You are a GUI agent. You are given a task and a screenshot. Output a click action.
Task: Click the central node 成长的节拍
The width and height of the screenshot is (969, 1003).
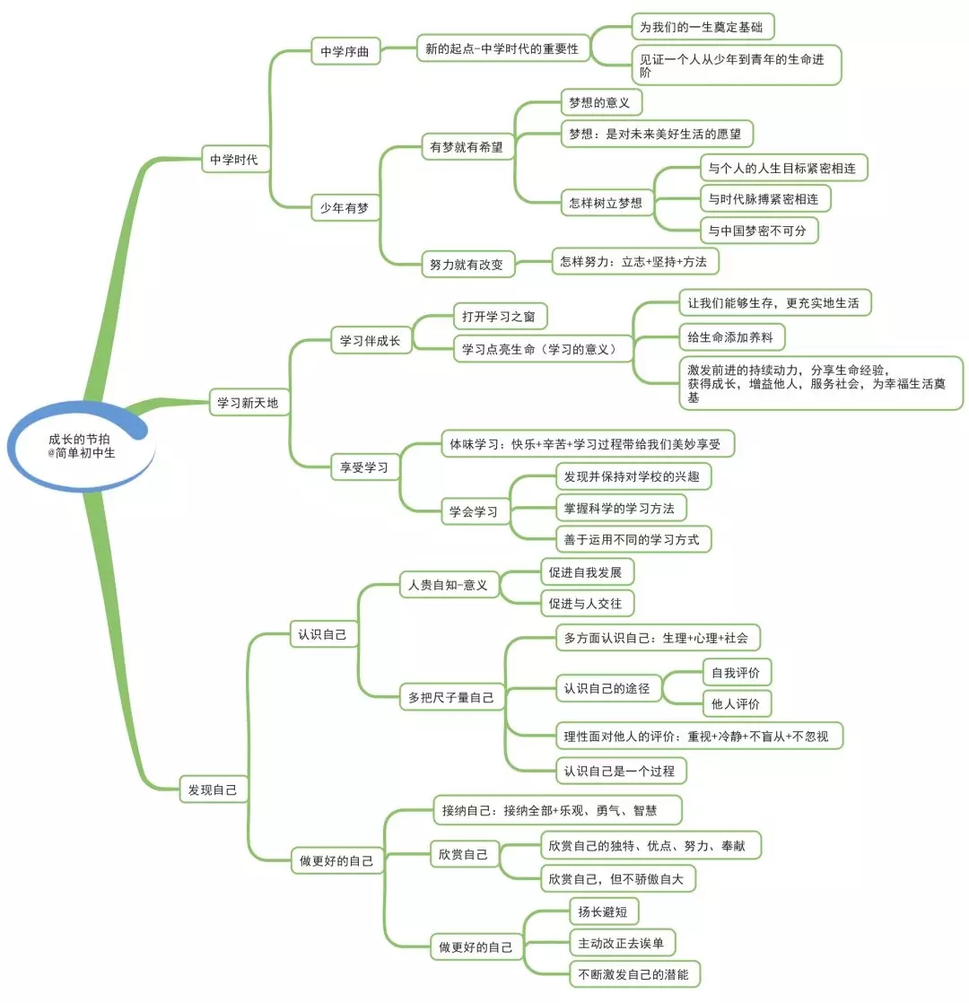(x=82, y=446)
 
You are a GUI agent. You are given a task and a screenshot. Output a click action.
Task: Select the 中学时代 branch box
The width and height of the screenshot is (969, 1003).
(x=233, y=160)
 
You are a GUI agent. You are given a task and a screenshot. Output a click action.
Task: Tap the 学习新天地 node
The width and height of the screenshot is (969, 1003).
(x=248, y=403)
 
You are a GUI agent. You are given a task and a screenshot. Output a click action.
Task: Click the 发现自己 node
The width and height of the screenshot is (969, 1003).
(x=213, y=789)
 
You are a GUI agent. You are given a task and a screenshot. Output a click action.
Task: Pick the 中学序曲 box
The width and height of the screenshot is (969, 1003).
(x=345, y=52)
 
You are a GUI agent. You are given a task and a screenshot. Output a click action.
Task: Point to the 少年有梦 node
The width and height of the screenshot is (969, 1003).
(x=345, y=208)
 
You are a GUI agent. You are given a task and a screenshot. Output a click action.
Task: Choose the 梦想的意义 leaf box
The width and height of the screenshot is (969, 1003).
(x=599, y=102)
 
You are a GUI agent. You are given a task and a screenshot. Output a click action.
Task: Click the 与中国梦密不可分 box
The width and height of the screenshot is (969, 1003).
(x=758, y=231)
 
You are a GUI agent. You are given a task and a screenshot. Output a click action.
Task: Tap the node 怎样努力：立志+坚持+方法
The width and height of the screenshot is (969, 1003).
(x=633, y=261)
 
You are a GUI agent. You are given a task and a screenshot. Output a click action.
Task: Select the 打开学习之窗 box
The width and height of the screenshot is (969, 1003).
(x=499, y=317)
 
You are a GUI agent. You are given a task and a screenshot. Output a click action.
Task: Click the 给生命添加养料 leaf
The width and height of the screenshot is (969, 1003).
(x=731, y=337)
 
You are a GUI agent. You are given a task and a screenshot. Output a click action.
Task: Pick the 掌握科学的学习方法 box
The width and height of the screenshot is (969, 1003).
(x=620, y=509)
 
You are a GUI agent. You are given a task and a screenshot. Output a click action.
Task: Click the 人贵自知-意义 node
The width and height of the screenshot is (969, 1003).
(x=448, y=585)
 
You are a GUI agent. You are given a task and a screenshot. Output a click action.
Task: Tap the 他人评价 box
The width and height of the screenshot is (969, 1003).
(x=736, y=704)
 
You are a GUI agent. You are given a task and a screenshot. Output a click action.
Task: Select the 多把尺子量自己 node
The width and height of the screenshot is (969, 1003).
(x=451, y=696)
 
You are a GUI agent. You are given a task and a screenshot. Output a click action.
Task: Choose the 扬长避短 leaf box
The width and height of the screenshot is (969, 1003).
(x=603, y=911)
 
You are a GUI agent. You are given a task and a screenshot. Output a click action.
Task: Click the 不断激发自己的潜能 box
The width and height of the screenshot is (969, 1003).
(x=634, y=974)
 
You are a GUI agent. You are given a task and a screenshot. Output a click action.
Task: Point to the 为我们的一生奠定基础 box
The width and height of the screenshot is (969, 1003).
(x=702, y=27)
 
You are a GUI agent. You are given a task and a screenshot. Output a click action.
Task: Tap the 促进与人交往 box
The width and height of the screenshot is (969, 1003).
(x=585, y=604)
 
